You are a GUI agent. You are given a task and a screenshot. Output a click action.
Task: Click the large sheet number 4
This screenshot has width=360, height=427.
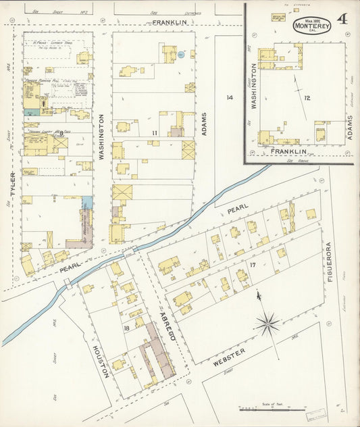point(342,18)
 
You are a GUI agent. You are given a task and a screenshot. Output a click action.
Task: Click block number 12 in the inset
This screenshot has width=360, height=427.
point(307,99)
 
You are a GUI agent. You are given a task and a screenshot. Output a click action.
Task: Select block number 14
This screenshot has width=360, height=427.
point(230,98)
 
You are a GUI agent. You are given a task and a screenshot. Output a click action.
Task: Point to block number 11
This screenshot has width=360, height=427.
point(155,133)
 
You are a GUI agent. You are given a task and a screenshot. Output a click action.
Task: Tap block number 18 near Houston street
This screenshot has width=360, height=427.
point(126,328)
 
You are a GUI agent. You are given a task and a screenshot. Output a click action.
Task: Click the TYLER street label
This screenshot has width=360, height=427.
point(13,184)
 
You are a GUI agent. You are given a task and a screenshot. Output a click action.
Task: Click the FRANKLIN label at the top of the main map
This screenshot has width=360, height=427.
point(169,22)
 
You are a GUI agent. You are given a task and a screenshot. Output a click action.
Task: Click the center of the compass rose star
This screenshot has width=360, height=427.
point(268,323)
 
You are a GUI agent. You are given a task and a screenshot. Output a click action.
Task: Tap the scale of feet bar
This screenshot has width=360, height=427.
point(272,409)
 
